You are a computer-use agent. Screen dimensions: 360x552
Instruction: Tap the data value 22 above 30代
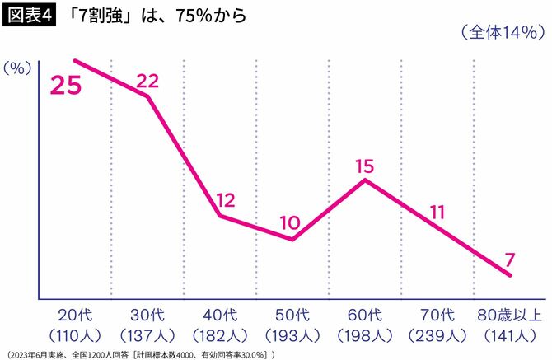(147, 80)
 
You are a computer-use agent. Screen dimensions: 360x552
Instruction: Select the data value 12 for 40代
(226, 199)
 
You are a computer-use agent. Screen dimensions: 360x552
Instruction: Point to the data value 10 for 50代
(289, 222)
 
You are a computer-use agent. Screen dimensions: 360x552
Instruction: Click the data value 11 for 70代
(437, 211)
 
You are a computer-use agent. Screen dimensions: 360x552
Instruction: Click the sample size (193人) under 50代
(292, 335)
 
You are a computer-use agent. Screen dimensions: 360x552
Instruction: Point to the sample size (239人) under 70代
(437, 335)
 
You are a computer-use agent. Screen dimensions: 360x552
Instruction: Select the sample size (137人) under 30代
(147, 335)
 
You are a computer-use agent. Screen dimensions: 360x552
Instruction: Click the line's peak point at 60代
(365, 180)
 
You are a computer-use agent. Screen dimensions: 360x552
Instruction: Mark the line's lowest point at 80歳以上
(510, 274)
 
